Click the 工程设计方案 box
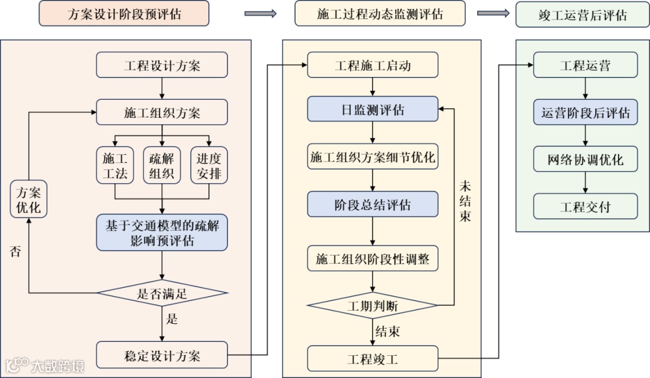pos(162,65)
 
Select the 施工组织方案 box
pos(162,112)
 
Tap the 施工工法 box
pos(115,166)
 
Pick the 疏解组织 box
pos(162,166)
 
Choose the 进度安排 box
pos(209,166)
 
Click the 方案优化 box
pos(28,200)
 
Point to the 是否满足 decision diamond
pos(162,293)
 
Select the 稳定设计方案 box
pos(162,355)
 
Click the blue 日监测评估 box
pos(373,109)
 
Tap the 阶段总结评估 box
pos(373,204)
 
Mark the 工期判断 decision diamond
pos(373,306)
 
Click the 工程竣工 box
pos(373,359)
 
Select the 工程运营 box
pos(585,65)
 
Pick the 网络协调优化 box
pos(585,160)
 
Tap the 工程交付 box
pos(585,207)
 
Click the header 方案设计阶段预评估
pos(124,14)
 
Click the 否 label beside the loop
pos(16,251)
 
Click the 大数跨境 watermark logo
pos(45,365)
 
